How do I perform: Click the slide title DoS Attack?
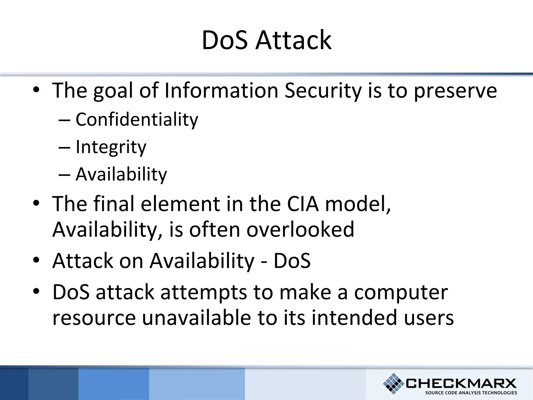[x=266, y=40]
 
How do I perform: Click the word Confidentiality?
[x=137, y=120]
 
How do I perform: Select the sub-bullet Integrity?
[x=111, y=147]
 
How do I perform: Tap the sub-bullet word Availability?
[x=121, y=174]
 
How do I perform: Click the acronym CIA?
[x=303, y=204]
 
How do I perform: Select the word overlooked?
[x=300, y=229]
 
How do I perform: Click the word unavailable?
[x=196, y=318]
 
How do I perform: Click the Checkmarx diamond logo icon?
[x=393, y=383]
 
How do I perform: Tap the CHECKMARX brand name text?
[x=461, y=383]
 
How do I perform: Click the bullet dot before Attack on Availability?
[x=36, y=260]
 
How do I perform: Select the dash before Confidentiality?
[x=64, y=120]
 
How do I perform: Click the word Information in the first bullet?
[x=221, y=91]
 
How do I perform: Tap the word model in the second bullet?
[x=358, y=204]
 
